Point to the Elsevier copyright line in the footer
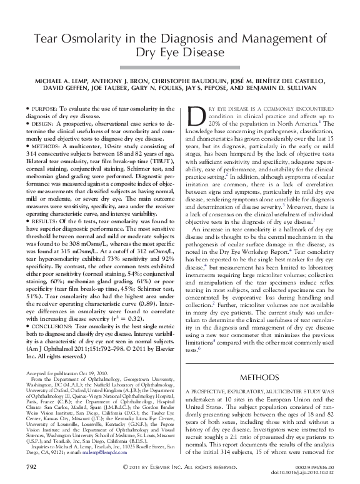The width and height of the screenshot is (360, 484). click(x=180, y=466)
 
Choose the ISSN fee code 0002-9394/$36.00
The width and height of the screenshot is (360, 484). click(x=322, y=466)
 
